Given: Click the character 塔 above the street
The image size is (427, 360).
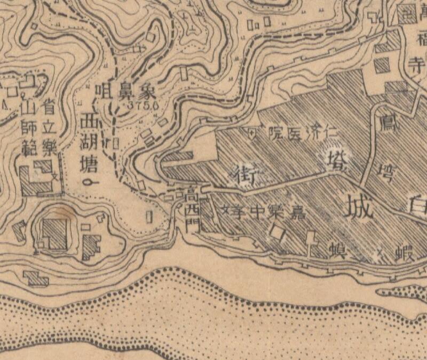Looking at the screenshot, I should point(334,158).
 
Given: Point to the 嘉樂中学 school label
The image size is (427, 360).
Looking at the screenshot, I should point(267,211).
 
